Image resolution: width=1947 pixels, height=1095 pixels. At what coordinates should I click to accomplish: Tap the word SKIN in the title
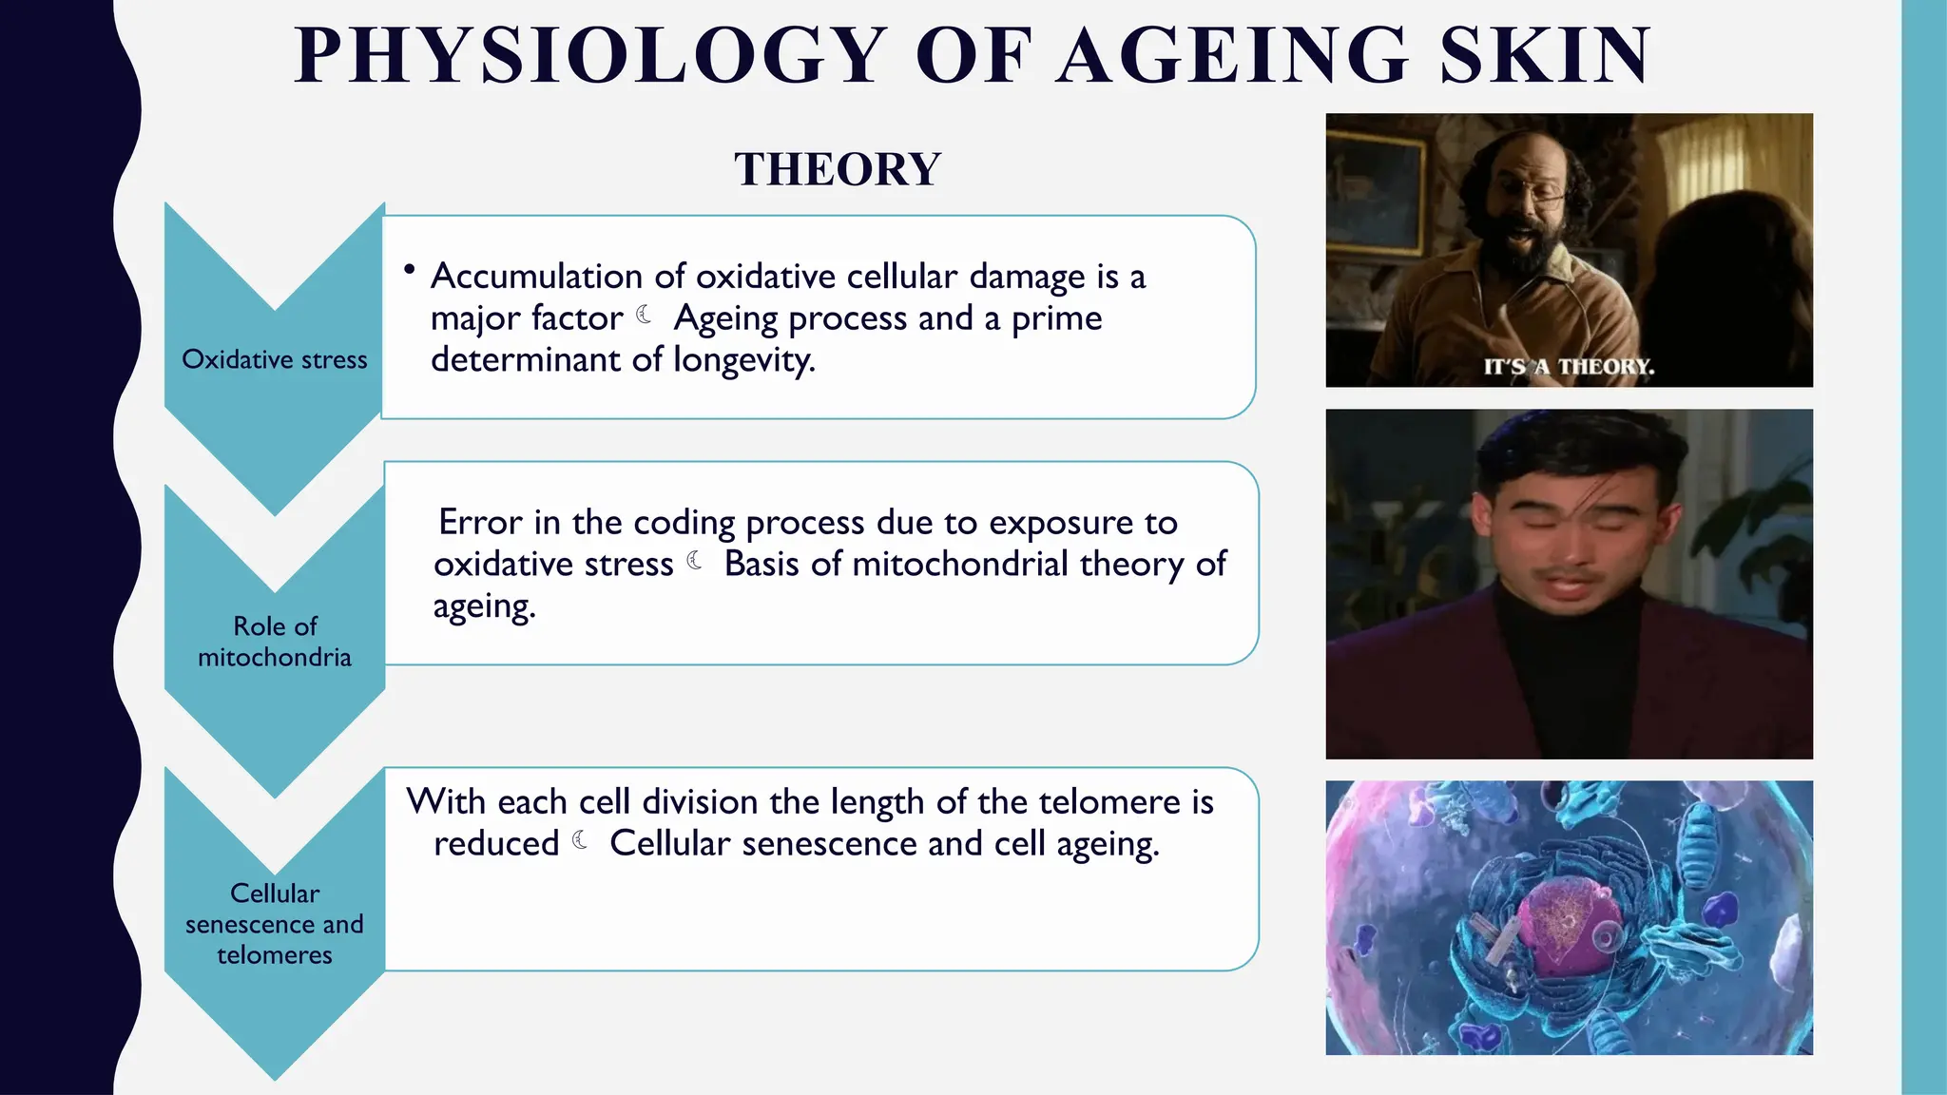[x=1546, y=57]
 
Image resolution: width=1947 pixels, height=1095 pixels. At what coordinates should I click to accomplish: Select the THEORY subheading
[x=838, y=170]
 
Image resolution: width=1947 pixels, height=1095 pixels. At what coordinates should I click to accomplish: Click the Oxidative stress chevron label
[x=274, y=360]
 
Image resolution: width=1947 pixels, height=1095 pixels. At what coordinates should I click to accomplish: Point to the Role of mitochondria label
[x=274, y=642]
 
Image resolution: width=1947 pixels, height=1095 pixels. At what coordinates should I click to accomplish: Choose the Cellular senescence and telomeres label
[x=274, y=924]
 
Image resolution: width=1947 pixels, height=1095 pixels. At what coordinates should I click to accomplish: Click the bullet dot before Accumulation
[x=410, y=270]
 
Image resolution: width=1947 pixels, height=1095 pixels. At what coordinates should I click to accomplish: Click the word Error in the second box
[x=480, y=523]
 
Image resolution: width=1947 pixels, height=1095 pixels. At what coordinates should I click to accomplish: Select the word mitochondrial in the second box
[x=960, y=565]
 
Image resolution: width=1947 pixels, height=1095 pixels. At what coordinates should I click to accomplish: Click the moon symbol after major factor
[x=645, y=315]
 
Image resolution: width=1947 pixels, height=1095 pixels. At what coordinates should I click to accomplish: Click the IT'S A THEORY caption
[x=1569, y=367]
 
